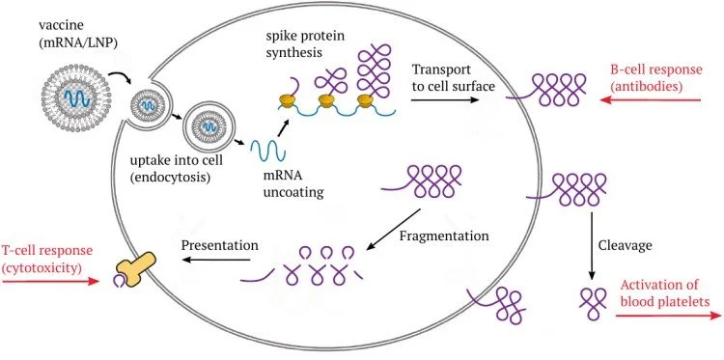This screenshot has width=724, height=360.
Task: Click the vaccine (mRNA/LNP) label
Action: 78,35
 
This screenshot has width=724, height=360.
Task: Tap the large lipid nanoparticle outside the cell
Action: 75,97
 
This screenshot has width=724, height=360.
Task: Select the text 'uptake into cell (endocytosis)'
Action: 176,169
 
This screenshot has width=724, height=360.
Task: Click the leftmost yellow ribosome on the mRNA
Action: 287,101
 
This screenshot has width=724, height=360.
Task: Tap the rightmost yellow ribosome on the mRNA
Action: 365,100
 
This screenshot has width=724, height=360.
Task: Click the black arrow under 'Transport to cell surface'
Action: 445,99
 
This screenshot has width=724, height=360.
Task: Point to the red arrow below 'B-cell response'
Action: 651,99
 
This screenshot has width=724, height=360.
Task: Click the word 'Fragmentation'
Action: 444,235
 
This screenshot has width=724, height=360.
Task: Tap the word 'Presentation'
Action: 220,244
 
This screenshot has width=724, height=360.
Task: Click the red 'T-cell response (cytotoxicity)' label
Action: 47,259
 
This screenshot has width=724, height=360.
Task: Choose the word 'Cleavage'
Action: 625,245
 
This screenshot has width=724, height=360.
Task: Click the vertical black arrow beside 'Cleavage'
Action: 592,246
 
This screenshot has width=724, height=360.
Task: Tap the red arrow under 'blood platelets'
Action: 668,316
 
